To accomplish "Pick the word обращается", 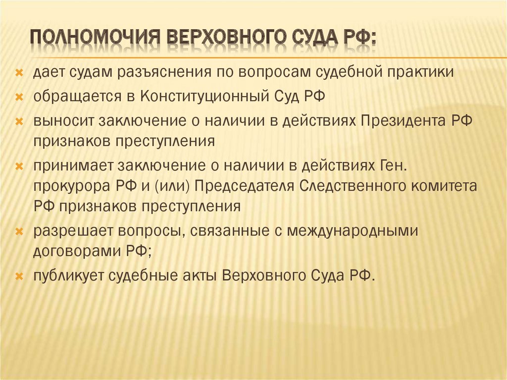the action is (77, 97).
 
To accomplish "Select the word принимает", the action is (73, 166).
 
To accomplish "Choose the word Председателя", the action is (245, 186).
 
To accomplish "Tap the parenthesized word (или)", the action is (173, 186).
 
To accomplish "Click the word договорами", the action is (76, 251).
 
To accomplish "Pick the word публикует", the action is (68, 275).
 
